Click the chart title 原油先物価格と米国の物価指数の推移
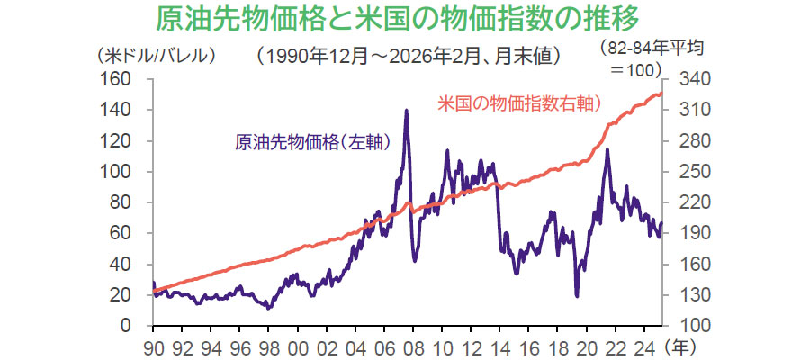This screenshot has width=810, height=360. (x=405, y=18)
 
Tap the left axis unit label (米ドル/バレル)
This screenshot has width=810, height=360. (x=157, y=56)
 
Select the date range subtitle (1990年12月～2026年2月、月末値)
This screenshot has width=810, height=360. (x=409, y=56)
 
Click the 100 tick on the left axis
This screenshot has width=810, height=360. (x=130, y=172)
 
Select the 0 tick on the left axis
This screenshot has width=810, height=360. (x=139, y=326)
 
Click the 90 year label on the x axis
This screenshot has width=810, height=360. (x=154, y=344)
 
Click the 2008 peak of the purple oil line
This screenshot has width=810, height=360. (x=407, y=111)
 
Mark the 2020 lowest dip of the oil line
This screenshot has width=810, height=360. (x=576, y=295)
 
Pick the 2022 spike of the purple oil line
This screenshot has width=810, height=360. (x=607, y=149)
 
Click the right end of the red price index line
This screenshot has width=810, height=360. (x=662, y=93)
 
